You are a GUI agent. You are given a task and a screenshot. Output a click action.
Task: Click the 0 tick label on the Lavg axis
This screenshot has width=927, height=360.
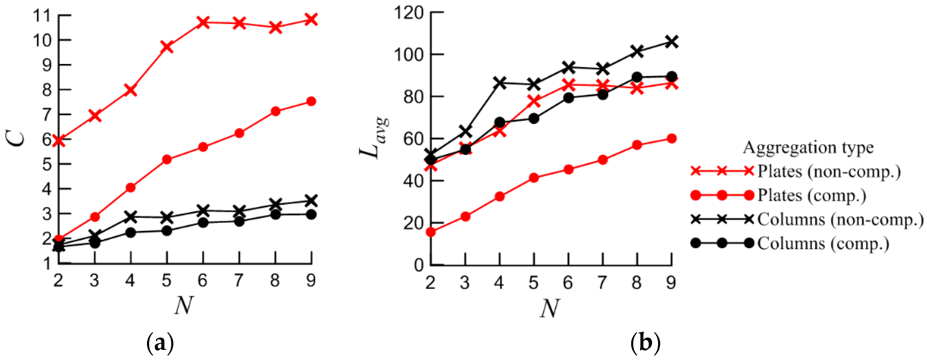pos(418,265)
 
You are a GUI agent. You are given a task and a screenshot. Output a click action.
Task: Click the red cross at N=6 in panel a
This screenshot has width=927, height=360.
pos(203,22)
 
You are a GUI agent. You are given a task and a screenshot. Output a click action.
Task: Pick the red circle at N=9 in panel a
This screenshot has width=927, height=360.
pos(311,102)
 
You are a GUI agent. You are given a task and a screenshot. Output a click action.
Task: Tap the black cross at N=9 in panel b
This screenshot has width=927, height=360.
pos(671,42)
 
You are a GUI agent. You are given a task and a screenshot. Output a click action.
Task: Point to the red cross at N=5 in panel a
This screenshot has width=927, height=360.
pos(167,47)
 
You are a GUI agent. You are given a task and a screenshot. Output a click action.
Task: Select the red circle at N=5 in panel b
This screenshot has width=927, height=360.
pos(534,178)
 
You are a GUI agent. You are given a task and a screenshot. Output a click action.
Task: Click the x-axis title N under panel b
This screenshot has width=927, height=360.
pos(550,309)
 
